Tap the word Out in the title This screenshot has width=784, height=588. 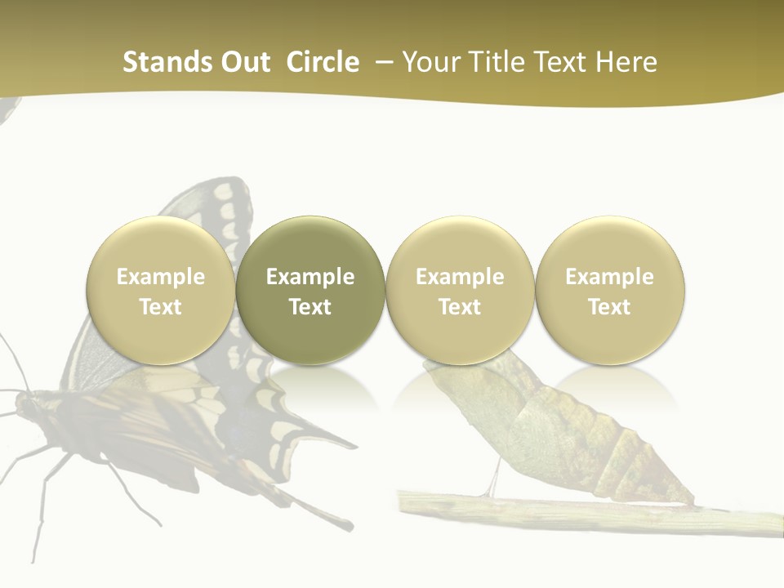tap(243, 62)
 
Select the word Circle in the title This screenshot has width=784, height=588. tap(323, 62)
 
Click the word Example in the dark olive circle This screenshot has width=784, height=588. tap(310, 277)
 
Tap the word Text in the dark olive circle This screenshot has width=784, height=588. tap(310, 307)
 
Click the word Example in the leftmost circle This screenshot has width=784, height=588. tap(161, 277)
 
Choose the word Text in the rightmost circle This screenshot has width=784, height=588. tap(609, 307)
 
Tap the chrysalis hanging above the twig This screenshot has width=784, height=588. tap(555, 425)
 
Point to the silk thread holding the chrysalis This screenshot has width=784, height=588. tap(495, 479)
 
